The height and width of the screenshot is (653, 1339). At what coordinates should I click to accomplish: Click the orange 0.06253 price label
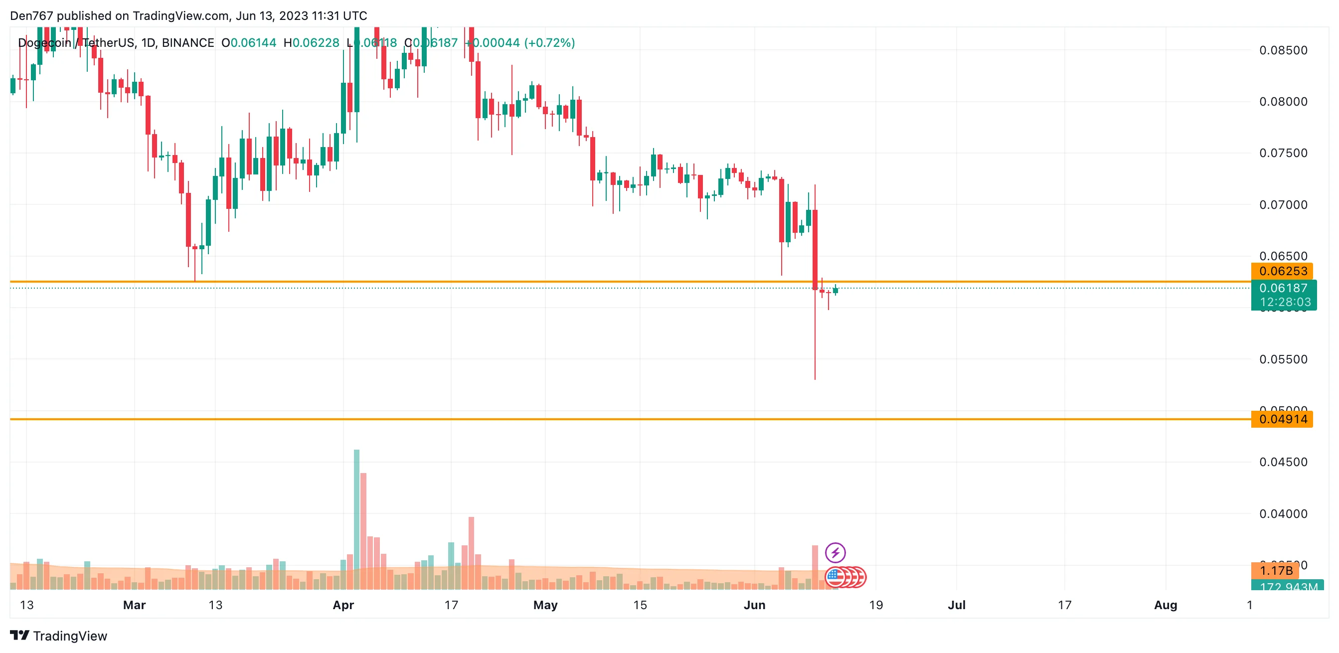[x=1282, y=271]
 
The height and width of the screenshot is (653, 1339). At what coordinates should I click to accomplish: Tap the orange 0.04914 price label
[x=1282, y=419]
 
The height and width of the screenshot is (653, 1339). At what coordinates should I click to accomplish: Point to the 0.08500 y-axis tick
[x=1283, y=50]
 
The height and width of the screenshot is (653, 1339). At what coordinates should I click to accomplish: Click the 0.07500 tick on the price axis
[x=1283, y=153]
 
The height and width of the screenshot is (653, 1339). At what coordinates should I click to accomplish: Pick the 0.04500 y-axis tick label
[x=1283, y=462]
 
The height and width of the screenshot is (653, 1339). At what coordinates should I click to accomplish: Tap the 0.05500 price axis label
[x=1283, y=359]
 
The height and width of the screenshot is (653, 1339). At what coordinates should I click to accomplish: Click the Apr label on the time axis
[x=343, y=605]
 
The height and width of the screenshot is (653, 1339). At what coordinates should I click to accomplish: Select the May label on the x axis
[x=545, y=605]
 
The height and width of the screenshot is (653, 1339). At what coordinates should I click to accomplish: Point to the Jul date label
[x=957, y=605]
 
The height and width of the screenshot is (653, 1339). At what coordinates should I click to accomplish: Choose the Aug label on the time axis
[x=1166, y=605]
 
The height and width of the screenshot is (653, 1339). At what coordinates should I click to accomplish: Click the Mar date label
[x=134, y=605]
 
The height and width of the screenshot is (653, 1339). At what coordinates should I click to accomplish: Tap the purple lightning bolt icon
[x=836, y=552]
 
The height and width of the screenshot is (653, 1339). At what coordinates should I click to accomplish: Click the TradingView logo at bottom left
[x=58, y=636]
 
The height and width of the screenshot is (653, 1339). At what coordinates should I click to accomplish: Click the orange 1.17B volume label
[x=1275, y=570]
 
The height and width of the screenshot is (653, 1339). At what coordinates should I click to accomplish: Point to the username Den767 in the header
[x=31, y=15]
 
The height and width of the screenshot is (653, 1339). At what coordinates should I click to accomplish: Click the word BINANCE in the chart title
[x=187, y=43]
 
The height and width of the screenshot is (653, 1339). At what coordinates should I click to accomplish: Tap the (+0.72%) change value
[x=549, y=43]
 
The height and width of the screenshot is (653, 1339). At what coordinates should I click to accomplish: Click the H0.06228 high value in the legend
[x=312, y=43]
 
